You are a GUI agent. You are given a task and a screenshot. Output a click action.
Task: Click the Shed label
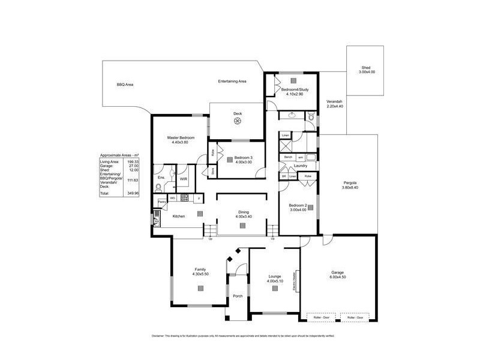366,68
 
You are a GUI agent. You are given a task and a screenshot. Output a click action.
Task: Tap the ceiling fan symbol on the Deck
237,122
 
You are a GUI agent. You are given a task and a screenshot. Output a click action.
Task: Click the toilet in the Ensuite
157,188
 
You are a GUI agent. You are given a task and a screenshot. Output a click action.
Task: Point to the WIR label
184,178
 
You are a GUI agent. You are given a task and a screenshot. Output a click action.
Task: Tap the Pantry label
162,202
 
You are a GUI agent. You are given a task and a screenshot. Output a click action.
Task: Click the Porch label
238,295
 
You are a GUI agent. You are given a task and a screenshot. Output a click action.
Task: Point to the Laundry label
301,166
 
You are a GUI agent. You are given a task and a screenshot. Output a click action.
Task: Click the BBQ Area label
125,85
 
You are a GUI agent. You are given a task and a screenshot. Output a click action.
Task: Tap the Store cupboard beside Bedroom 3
212,171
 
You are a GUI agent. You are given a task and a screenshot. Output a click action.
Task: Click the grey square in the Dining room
242,226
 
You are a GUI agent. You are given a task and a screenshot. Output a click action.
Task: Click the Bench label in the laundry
288,157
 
